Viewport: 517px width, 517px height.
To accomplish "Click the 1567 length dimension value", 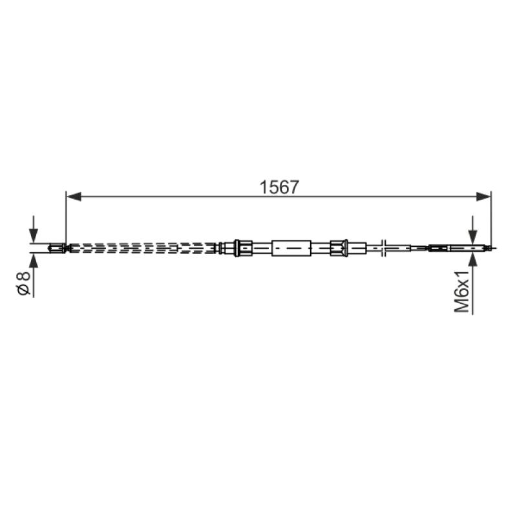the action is (x=279, y=187).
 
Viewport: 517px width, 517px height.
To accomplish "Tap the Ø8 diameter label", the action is (x=23, y=284).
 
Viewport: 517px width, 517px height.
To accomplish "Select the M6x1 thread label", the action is (x=461, y=291).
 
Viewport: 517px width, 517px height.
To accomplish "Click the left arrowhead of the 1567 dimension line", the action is (x=74, y=197).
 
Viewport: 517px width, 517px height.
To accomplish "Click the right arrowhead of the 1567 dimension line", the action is (x=483, y=197).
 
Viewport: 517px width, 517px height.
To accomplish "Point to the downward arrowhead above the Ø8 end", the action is (x=34, y=235).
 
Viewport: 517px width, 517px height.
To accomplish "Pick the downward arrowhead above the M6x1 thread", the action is (x=473, y=235).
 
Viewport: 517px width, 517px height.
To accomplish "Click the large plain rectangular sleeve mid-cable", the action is (x=291, y=248).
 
